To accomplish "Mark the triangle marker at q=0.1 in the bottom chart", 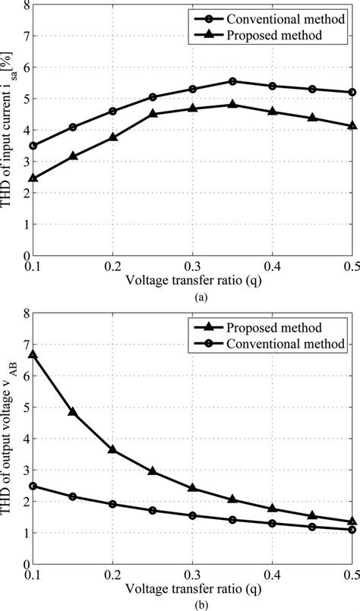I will [x=33, y=354].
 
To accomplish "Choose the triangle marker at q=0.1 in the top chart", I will [x=33, y=178].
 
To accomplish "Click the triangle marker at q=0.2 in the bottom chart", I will [x=113, y=449].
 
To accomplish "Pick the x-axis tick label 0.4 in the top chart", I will [x=273, y=268].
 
